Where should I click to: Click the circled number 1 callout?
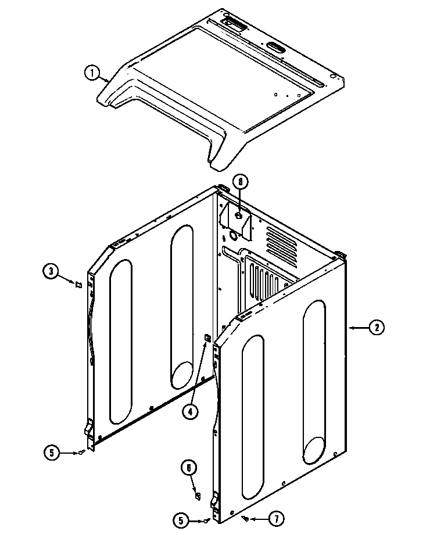(x=90, y=73)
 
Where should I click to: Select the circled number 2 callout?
(x=376, y=328)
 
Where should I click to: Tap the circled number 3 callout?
(x=51, y=270)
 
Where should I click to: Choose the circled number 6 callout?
(x=189, y=468)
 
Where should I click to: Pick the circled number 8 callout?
(x=239, y=182)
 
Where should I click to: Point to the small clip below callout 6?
(x=197, y=495)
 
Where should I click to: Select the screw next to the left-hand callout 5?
(x=82, y=453)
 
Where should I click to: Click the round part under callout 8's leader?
(x=238, y=216)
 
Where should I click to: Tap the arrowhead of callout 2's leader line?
(x=349, y=328)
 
